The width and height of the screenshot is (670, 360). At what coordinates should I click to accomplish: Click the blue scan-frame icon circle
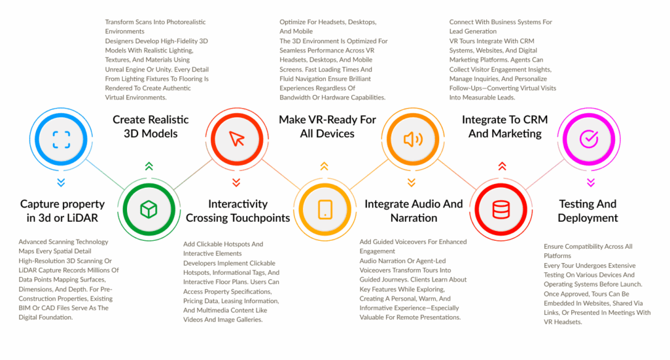61,139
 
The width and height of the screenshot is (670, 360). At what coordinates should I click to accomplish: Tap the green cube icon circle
149,209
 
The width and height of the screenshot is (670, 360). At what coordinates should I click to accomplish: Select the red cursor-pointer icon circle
237,139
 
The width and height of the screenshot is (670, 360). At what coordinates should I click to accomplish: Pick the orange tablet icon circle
325,209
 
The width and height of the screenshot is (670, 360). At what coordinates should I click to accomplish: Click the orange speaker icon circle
413,139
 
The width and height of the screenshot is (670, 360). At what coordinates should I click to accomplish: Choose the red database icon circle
501,209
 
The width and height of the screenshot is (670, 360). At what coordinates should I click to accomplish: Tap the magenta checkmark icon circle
589,139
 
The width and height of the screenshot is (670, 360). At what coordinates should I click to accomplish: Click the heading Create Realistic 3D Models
150,126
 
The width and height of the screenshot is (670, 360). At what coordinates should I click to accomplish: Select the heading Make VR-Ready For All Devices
327,126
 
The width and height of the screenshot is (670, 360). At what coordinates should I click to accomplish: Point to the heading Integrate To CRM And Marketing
504,126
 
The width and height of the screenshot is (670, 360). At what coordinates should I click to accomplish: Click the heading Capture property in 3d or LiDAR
62,211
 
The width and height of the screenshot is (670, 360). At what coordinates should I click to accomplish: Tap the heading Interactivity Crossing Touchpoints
238,211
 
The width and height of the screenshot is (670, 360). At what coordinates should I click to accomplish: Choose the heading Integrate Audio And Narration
414,211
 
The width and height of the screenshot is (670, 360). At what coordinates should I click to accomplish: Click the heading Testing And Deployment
588,211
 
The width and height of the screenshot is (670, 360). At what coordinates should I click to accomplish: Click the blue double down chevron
61,183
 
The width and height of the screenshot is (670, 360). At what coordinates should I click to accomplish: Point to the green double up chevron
149,166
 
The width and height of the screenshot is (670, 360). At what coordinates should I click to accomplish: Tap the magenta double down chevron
591,183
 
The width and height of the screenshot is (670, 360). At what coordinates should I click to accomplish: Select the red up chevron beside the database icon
502,166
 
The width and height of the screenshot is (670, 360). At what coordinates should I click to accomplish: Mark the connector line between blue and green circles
105,175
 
